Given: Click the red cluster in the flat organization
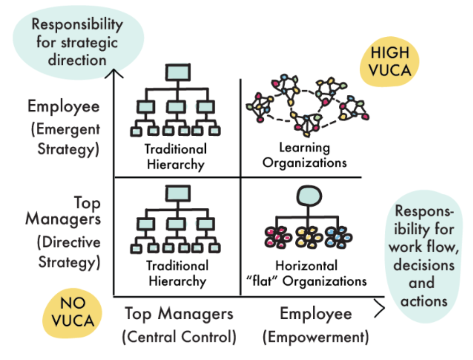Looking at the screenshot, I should point(277,237).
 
